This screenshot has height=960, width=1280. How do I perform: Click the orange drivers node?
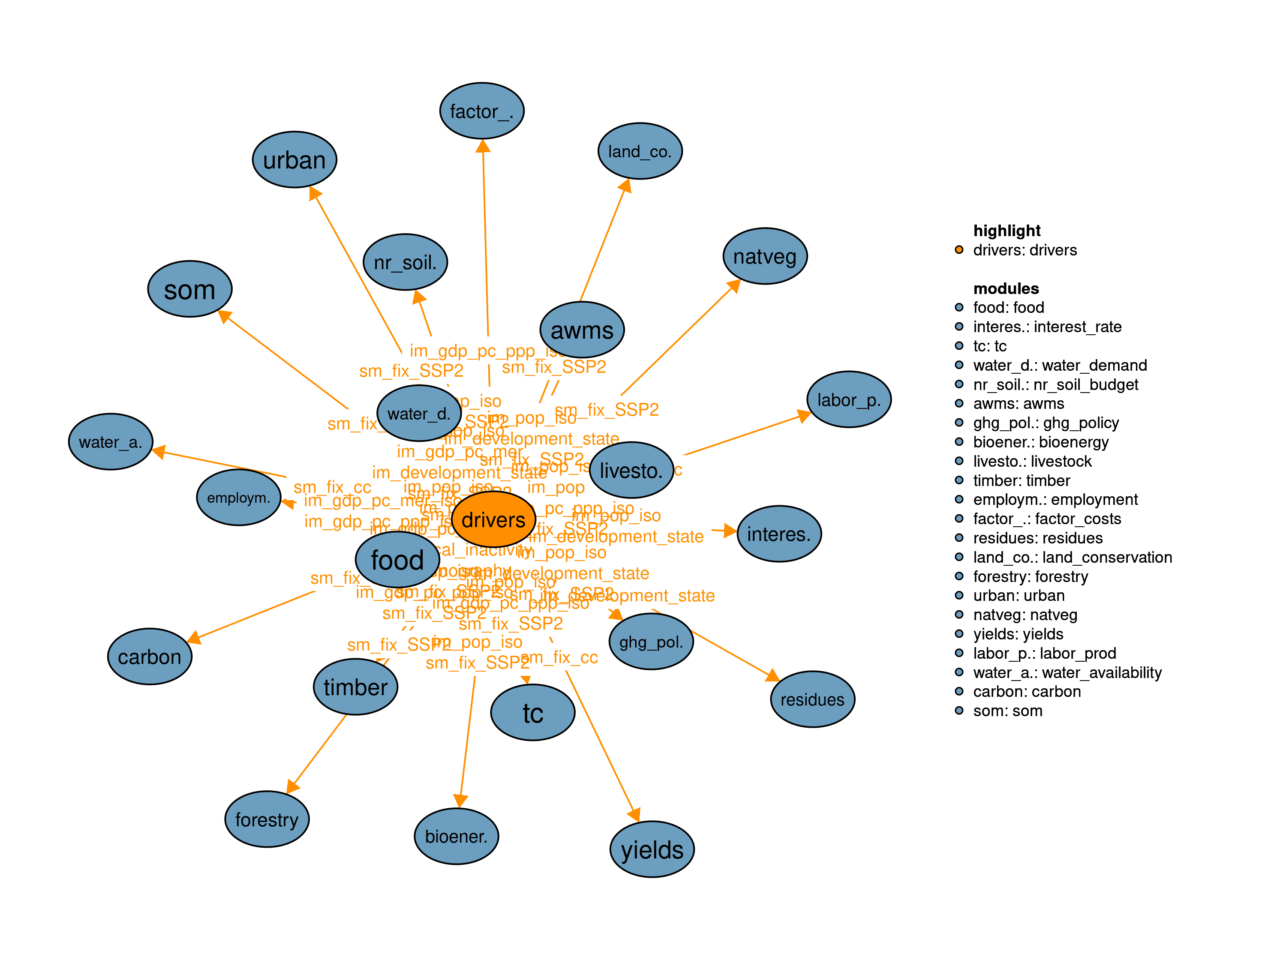tap(493, 519)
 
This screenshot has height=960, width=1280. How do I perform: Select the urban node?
tap(294, 160)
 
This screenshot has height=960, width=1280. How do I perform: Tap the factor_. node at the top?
tap(482, 111)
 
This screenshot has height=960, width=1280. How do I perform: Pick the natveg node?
tap(765, 256)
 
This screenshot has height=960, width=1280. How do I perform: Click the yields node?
tap(652, 849)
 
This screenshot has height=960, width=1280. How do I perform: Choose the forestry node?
tap(267, 819)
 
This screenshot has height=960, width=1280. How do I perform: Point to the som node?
tap(190, 289)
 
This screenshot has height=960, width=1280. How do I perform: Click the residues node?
tap(812, 699)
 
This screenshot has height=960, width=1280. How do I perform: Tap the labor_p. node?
tap(849, 399)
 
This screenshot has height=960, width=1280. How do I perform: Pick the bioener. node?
tap(457, 836)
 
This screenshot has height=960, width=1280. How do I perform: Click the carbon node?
tap(150, 657)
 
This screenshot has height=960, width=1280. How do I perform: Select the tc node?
tap(533, 713)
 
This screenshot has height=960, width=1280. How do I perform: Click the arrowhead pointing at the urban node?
tap(314, 193)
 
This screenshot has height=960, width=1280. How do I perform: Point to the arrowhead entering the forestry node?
tap(293, 786)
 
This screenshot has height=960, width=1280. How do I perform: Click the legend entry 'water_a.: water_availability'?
tap(1067, 672)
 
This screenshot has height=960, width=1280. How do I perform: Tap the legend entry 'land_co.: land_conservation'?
tap(1072, 557)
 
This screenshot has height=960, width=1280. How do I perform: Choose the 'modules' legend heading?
tap(1006, 288)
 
